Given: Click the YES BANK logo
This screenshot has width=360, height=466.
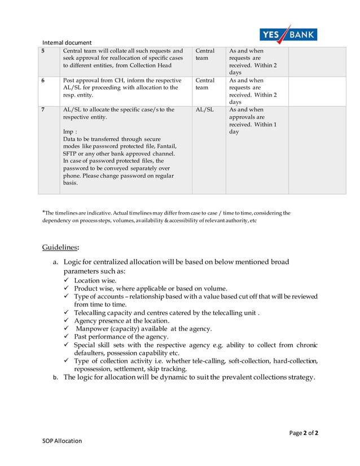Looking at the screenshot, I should [288, 34].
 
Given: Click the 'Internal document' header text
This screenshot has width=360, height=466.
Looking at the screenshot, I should [67, 42].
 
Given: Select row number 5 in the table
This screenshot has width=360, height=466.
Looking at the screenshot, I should [43, 51].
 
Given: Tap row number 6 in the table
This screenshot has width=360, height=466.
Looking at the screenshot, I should [43, 81].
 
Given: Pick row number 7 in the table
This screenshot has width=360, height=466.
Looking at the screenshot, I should [43, 109].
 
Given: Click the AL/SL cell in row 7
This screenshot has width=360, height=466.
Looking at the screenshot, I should [204, 109].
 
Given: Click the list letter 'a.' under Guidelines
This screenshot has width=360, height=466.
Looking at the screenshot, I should [55, 262].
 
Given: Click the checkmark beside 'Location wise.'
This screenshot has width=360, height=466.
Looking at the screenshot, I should [67, 280].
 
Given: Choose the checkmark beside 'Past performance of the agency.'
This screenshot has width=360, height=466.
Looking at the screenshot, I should [67, 336].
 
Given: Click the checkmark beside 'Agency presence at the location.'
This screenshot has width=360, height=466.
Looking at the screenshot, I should [67, 320].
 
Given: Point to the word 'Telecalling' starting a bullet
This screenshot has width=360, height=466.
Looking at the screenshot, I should [91, 313].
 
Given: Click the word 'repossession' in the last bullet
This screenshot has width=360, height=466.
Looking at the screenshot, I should [95, 368].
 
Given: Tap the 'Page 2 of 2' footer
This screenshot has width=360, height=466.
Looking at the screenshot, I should [304, 433].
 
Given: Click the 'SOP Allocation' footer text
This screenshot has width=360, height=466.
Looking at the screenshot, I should [62, 441].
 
